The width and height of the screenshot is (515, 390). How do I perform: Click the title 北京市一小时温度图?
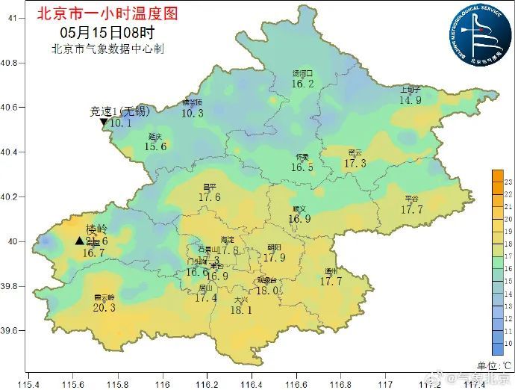click(x=108, y=13)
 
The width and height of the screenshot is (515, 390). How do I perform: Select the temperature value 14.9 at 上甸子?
click(x=410, y=100)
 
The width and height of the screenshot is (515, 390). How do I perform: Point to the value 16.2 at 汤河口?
click(x=302, y=84)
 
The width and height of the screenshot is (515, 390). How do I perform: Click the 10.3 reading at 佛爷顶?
click(x=192, y=114)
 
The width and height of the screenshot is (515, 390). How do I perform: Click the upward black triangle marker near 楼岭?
click(x=79, y=241)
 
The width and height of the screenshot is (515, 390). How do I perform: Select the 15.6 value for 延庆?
click(x=155, y=146)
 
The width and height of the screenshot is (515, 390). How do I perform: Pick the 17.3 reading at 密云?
click(x=355, y=163)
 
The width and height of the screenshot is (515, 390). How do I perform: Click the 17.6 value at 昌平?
click(x=210, y=197)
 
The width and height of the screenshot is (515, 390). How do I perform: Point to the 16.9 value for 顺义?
click(x=299, y=219)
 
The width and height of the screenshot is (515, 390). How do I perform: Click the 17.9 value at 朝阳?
click(x=274, y=258)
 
